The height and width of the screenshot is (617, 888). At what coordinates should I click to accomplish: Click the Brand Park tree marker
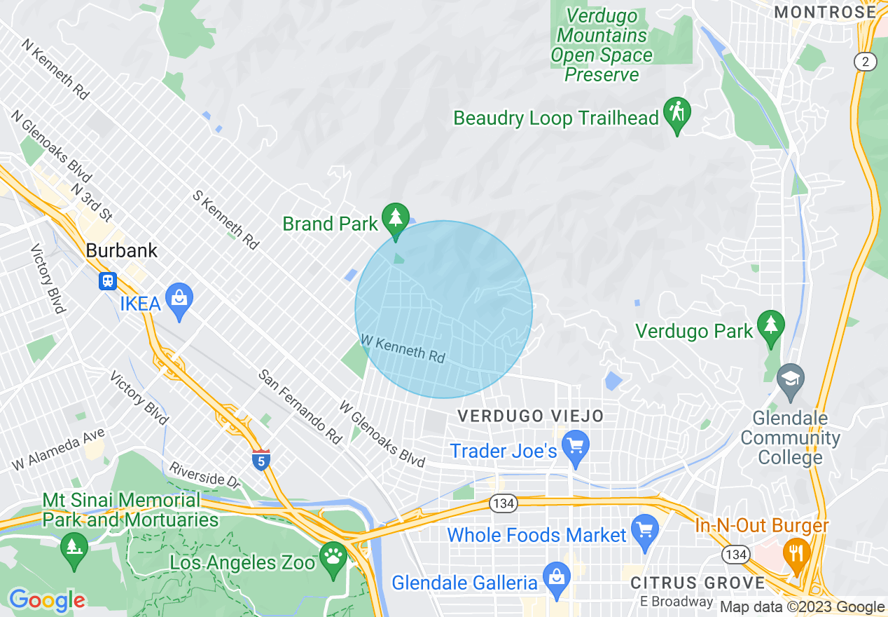click(x=396, y=218)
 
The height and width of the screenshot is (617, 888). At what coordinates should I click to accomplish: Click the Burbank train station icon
click(x=108, y=280)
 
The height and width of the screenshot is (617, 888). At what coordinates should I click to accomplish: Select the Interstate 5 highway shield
click(x=261, y=460)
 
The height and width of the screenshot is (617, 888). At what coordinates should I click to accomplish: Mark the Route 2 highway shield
click(x=866, y=62)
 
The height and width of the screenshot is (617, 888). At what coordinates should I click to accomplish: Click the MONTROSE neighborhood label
click(x=825, y=12)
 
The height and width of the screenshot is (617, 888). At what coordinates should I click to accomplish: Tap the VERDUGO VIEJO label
click(x=530, y=416)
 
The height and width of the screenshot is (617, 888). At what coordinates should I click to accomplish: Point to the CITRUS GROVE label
click(x=698, y=583)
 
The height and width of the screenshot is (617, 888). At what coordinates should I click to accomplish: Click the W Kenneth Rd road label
click(x=403, y=348)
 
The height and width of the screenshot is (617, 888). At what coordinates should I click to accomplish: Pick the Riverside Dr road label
click(x=204, y=475)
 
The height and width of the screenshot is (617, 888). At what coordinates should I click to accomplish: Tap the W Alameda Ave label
click(x=57, y=449)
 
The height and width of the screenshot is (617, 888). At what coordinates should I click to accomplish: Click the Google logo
click(x=46, y=600)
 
